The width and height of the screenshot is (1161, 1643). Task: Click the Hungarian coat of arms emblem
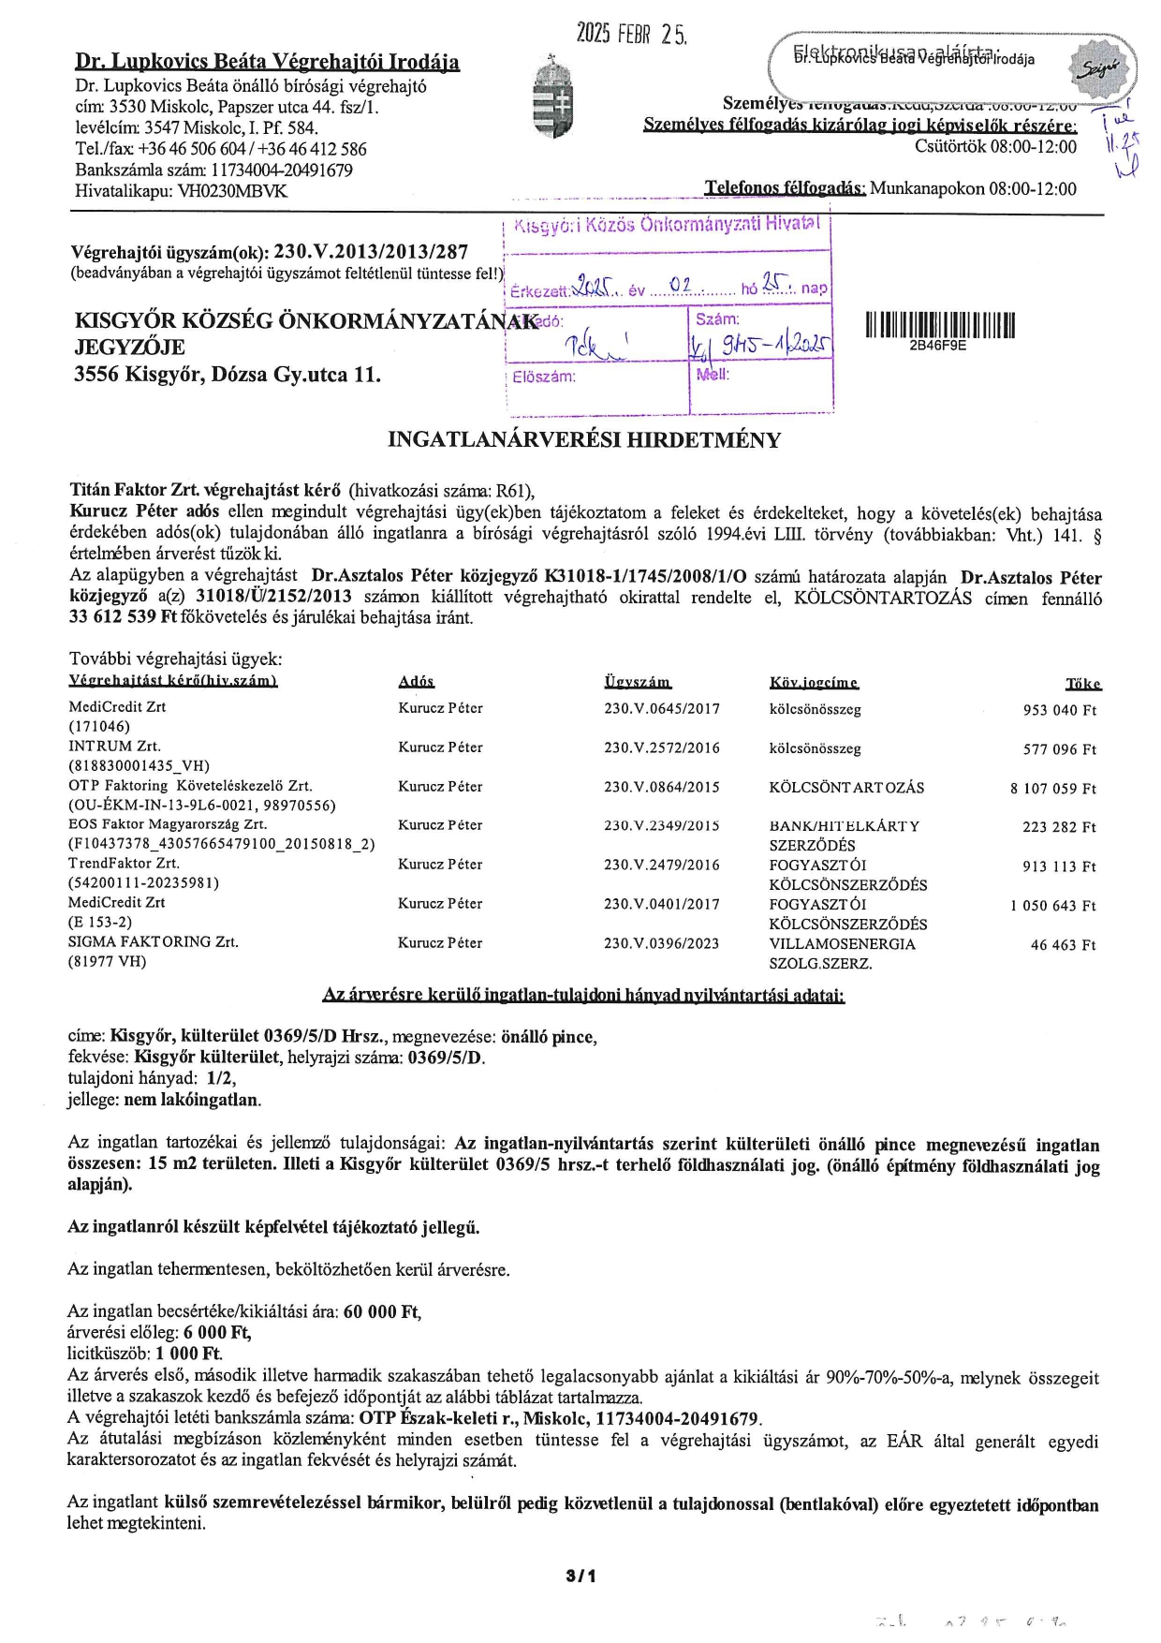pos(549,98)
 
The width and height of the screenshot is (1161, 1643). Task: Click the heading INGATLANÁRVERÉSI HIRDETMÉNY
pos(584,440)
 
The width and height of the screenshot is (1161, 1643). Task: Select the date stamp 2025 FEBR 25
pos(631,35)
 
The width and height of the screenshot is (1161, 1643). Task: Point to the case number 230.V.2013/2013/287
pos(371,252)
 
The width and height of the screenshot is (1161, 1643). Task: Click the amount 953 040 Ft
pos(1059,710)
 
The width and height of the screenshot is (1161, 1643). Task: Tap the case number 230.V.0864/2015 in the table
pos(661,787)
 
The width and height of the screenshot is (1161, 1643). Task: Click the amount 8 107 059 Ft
pos(1052,789)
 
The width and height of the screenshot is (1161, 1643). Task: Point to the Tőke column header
pos(1082,684)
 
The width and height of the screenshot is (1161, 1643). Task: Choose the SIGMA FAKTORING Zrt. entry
pos(154,941)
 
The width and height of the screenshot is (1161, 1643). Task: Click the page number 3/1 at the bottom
pos(580,1576)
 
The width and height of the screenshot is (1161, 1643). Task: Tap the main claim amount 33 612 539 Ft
pos(124,617)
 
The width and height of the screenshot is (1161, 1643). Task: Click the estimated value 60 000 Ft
pos(381,1311)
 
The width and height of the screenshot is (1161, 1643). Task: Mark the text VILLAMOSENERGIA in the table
pos(842,944)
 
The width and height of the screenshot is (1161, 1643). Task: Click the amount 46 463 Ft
pos(1063,945)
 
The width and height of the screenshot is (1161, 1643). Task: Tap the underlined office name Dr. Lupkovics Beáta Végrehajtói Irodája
pos(267,63)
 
